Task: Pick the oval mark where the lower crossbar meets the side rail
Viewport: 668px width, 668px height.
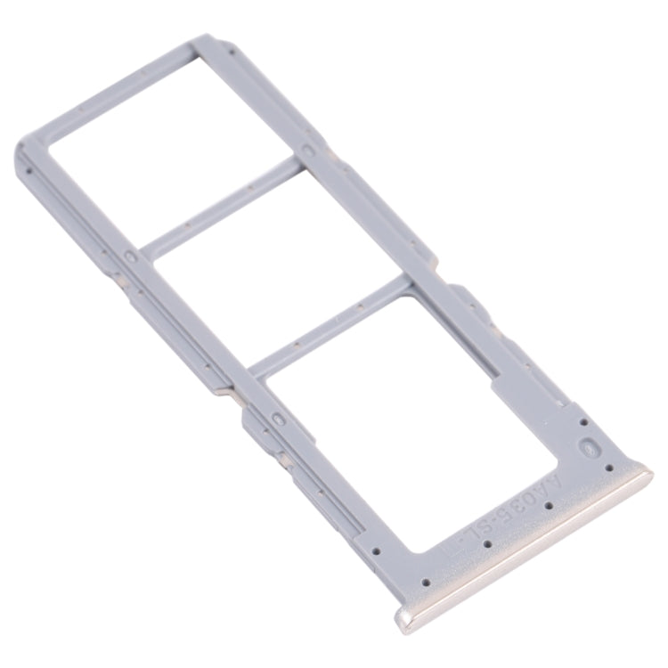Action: click(x=277, y=416)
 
